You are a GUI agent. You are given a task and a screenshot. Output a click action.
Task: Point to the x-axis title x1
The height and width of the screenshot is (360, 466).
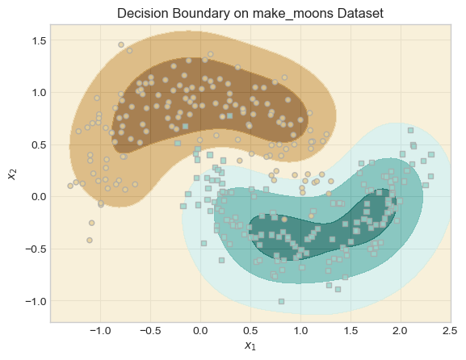tap(250, 345)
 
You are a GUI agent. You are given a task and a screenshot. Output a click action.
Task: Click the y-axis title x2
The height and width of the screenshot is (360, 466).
tap(12, 174)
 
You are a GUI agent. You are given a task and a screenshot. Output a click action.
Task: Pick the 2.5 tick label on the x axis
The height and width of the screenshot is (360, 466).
tap(450, 331)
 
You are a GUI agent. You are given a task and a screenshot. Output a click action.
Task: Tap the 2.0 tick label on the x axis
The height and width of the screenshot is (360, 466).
tap(400, 331)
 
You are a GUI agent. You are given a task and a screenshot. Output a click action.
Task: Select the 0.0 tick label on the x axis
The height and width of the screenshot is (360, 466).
tap(200, 331)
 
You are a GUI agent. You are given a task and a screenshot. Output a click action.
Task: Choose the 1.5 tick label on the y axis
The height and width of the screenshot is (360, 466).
tap(39, 40)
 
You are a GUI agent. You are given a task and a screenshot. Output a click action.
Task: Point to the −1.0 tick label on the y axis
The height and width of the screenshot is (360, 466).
tap(36, 302)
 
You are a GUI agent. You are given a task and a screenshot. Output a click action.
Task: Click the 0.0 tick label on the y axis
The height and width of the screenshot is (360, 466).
tap(39, 197)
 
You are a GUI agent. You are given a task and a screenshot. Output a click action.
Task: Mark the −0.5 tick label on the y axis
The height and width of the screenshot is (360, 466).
tap(36, 249)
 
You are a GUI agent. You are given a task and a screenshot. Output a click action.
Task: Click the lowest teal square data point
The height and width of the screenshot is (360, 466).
tap(281, 302)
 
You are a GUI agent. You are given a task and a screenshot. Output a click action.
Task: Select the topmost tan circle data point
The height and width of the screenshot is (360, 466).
tap(121, 45)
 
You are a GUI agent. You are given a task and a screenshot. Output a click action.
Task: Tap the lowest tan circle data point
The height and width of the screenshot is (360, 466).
tap(90, 240)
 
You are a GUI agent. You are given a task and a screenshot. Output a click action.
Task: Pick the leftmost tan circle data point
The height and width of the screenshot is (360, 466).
tap(70, 186)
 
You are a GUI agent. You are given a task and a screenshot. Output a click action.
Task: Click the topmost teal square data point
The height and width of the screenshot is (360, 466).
tap(410, 131)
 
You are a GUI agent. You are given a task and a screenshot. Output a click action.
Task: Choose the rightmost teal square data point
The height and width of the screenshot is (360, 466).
tap(431, 154)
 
